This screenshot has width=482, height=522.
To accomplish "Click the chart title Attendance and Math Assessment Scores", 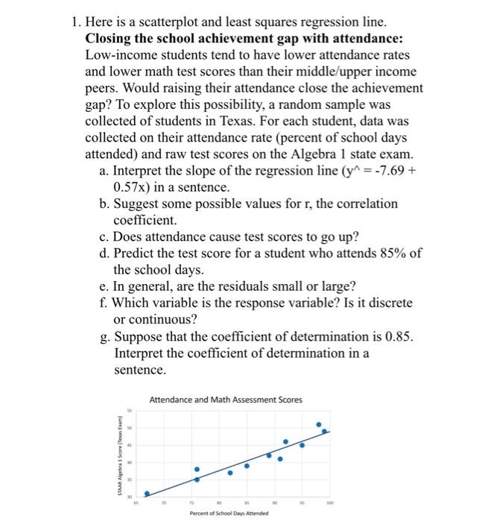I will [x=226, y=400].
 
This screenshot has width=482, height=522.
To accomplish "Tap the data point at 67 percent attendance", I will [x=147, y=494].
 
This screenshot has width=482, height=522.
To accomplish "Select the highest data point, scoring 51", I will [x=319, y=425].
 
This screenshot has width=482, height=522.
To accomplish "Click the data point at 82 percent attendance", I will [x=230, y=472].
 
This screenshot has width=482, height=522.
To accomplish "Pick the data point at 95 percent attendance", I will [x=302, y=445].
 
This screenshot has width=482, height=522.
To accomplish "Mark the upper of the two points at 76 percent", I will [x=197, y=469].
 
